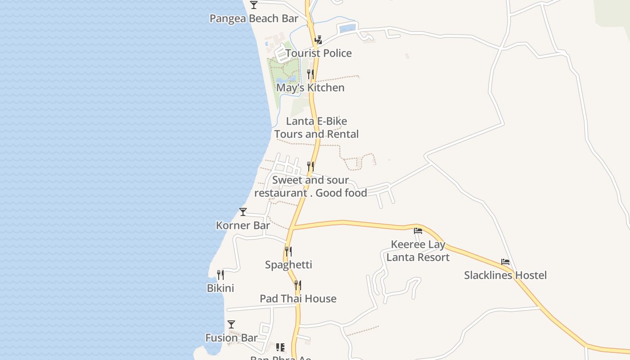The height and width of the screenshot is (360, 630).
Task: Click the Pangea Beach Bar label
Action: tap(254, 18)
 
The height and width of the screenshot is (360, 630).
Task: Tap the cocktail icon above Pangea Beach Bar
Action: tap(254, 5)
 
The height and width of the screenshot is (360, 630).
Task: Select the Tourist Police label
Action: tap(318, 53)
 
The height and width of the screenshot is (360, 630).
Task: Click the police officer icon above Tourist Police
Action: tap(318, 40)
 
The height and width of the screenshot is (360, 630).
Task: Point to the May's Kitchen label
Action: tap(310, 88)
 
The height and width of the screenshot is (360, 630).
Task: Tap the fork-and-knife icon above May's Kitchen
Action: tap(310, 74)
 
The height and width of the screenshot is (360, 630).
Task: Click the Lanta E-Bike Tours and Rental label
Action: tap(316, 128)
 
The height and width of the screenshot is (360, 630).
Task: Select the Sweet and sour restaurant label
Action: tap(310, 186)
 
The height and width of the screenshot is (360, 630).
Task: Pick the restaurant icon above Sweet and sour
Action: tap(310, 166)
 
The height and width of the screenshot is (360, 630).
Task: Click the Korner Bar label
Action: tap(243, 225)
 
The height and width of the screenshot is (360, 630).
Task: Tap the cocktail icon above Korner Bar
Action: tap(243, 212)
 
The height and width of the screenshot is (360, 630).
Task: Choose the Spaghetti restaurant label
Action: tap(288, 265)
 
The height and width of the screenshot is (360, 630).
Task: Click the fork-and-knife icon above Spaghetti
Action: tap(288, 251)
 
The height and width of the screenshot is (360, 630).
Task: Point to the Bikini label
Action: tap(220, 288)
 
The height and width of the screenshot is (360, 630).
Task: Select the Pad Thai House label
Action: tap(298, 299)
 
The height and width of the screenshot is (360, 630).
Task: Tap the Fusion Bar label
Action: tap(231, 338)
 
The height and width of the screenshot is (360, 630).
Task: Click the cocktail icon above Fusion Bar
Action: tap(231, 324)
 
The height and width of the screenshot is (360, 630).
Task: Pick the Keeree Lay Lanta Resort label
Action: tap(418, 251)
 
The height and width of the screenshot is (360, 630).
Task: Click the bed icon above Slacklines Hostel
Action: tap(505, 262)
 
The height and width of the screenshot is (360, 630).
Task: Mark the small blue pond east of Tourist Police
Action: tap(347, 28)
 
